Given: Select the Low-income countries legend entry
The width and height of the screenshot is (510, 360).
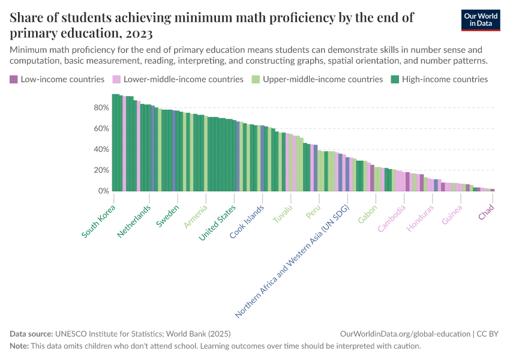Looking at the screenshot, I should pyautogui.click(x=57, y=79).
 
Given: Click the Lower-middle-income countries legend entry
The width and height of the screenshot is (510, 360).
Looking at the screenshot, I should pyautogui.click(x=178, y=79).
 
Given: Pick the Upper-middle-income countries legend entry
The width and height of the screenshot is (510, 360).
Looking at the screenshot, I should pyautogui.click(x=317, y=79).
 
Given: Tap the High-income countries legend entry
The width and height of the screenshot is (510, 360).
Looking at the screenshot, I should pyautogui.click(x=439, y=79).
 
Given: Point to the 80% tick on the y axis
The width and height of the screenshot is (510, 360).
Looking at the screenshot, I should pyautogui.click(x=101, y=107).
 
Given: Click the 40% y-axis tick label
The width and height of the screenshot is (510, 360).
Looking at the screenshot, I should pyautogui.click(x=101, y=149).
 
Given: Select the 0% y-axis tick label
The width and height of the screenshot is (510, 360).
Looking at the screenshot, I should pyautogui.click(x=103, y=191).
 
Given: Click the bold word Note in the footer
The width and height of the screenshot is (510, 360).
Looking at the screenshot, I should pyautogui.click(x=20, y=346).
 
